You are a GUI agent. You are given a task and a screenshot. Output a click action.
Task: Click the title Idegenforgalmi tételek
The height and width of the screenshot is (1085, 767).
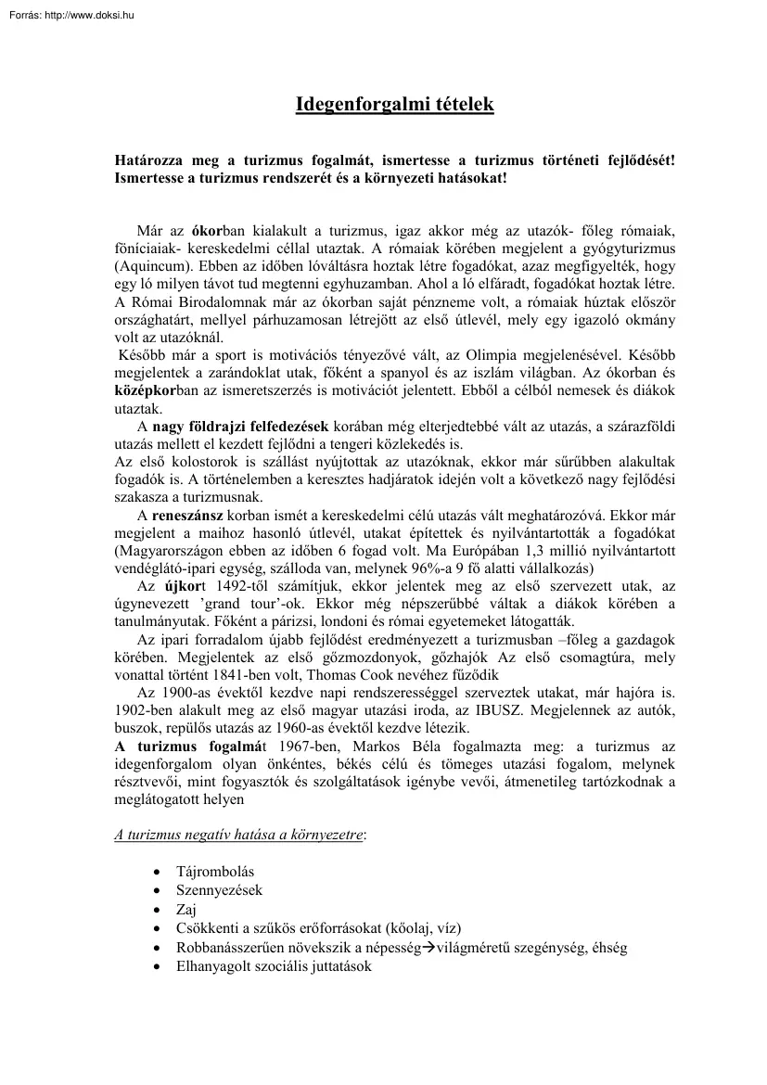(394, 104)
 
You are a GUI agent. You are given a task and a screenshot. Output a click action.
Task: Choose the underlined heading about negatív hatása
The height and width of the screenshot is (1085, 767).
(239, 834)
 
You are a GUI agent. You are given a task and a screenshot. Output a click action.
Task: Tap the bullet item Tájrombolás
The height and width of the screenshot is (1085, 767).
(215, 872)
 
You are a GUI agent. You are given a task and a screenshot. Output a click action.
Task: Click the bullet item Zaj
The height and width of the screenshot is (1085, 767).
(185, 909)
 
